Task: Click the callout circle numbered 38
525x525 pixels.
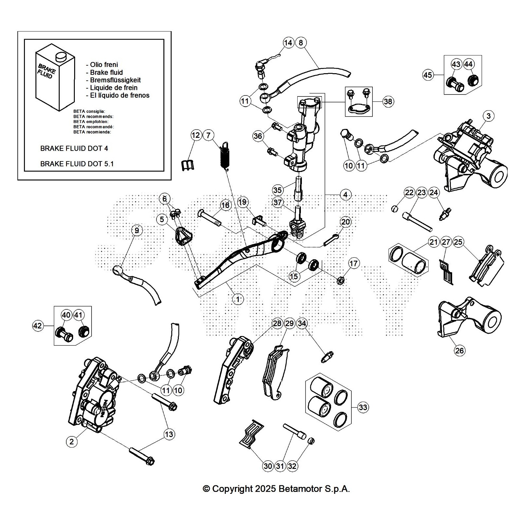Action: [388, 101]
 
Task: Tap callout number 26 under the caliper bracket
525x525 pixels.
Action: [459, 350]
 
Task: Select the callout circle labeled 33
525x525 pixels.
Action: [363, 407]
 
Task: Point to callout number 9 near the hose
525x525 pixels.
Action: [137, 230]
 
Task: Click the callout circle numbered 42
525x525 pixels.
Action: [38, 325]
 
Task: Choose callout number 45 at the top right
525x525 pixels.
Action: [428, 75]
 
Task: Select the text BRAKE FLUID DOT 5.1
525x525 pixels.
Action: [77, 164]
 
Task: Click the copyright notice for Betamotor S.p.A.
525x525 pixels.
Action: [276, 489]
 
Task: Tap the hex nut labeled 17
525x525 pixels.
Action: [341, 280]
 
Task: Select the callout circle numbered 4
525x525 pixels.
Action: [345, 195]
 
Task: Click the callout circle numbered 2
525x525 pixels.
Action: [72, 441]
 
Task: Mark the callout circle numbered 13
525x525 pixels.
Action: [169, 434]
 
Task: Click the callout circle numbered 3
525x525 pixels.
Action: [489, 116]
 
